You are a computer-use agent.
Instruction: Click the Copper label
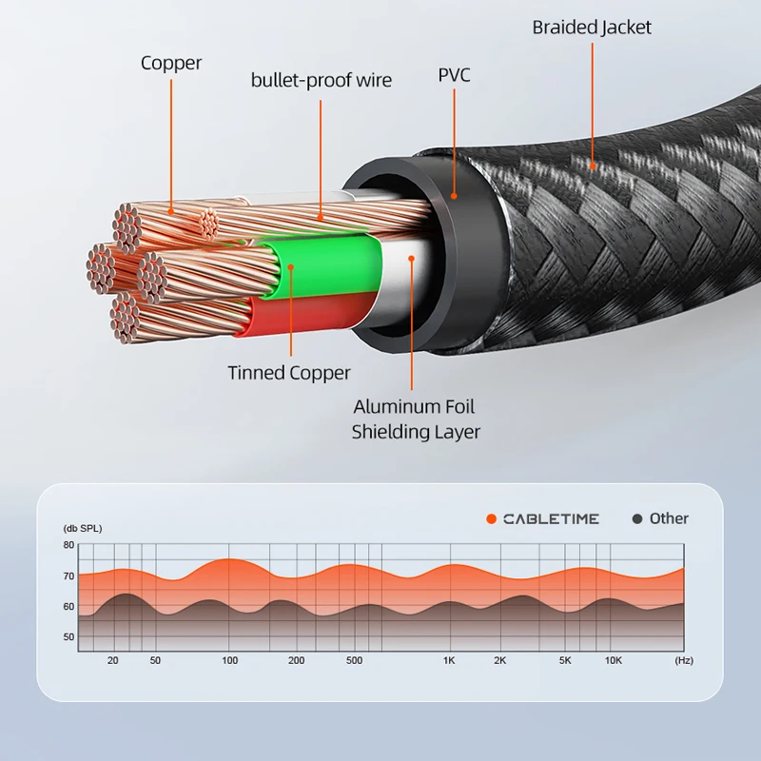pyautogui.click(x=171, y=64)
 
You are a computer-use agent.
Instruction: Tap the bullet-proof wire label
pyautogui.click(x=321, y=80)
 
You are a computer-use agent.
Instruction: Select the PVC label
pyautogui.click(x=454, y=75)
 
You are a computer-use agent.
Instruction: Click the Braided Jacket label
pyautogui.click(x=592, y=28)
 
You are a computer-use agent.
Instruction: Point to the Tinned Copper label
pyautogui.click(x=289, y=373)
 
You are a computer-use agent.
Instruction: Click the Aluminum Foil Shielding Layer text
pyautogui.click(x=415, y=420)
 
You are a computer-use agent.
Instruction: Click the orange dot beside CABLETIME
pyautogui.click(x=491, y=518)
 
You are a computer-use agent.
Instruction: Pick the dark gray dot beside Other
pyautogui.click(x=637, y=518)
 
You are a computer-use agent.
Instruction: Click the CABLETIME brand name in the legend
pyautogui.click(x=551, y=518)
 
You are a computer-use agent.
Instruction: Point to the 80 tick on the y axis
pyautogui.click(x=68, y=545)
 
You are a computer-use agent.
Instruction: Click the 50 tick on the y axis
pyautogui.click(x=68, y=636)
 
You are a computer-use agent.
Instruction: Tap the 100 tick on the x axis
pyautogui.click(x=229, y=660)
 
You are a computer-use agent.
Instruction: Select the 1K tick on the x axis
pyautogui.click(x=448, y=660)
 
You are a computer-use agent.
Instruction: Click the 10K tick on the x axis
pyautogui.click(x=614, y=660)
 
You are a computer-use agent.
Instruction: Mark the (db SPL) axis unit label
pyautogui.click(x=83, y=528)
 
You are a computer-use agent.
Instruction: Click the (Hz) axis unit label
pyautogui.click(x=683, y=660)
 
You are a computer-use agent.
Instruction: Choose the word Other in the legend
pyautogui.click(x=669, y=518)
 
